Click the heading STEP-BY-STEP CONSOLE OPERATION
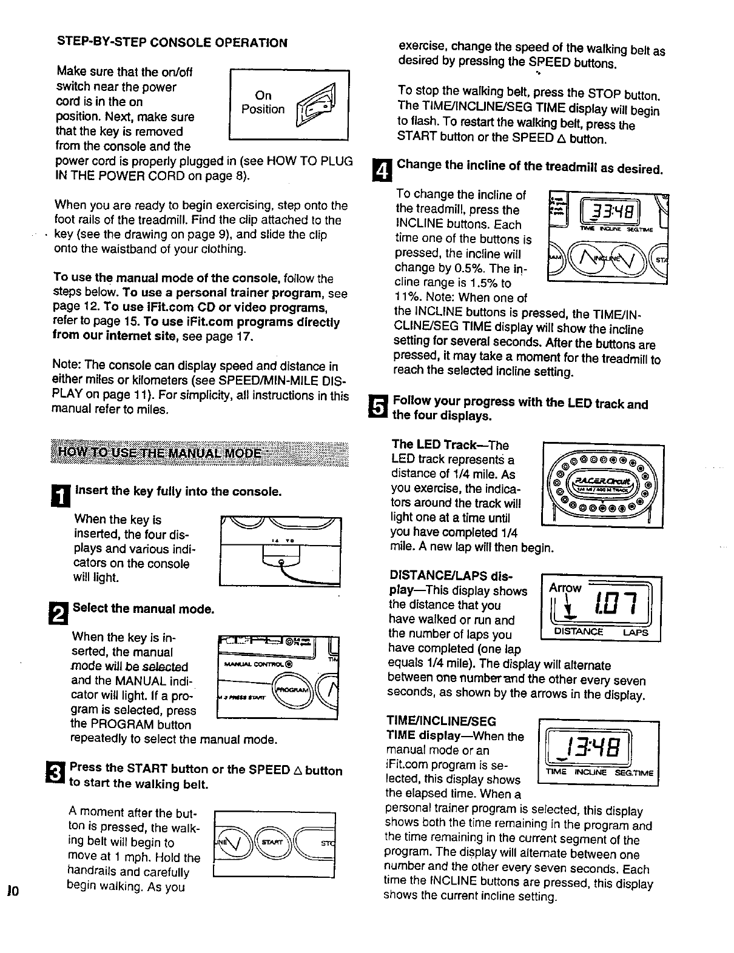pos(172,42)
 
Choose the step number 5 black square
pos(379,407)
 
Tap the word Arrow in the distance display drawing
pos(565,587)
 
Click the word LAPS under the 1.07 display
pos(636,632)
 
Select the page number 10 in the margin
pos(13,891)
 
